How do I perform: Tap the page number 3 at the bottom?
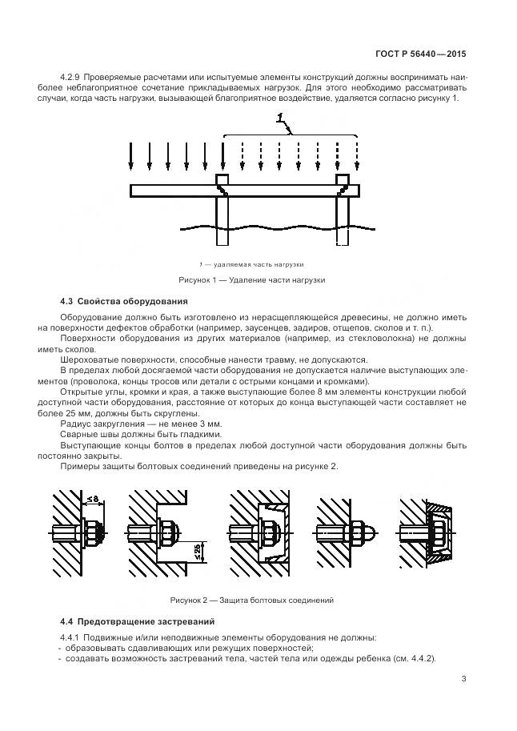point(463,680)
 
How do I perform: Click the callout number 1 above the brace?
point(281,119)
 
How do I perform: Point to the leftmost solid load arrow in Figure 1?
point(131,156)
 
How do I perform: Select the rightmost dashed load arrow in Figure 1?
point(358,156)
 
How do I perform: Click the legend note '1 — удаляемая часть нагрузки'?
point(251,263)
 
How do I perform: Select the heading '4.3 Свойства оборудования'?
point(124,301)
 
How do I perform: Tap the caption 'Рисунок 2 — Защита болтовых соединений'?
point(251,600)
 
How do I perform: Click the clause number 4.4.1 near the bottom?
point(74,637)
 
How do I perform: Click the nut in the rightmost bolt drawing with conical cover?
point(439,532)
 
